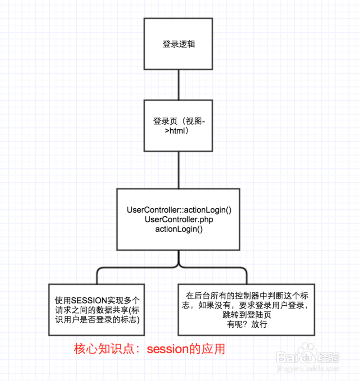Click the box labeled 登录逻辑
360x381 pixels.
[179, 44]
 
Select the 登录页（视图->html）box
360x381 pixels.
[179, 126]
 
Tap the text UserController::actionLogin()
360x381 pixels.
[179, 210]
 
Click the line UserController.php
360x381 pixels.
[179, 220]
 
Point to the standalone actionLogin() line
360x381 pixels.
[179, 229]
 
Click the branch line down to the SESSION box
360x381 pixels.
[97, 276]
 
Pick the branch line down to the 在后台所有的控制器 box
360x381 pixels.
[247, 276]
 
